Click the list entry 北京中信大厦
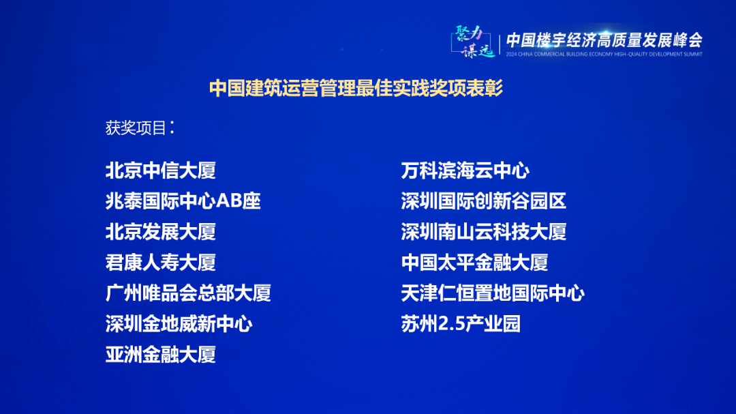(160, 171)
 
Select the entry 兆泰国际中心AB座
(183, 201)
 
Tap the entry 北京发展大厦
(160, 232)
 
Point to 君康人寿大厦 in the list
(160, 263)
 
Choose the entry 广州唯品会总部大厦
(188, 293)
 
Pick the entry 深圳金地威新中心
(179, 324)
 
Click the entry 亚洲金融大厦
(160, 355)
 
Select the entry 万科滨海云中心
(465, 171)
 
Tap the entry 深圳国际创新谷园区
(484, 201)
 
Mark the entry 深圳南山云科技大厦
(484, 232)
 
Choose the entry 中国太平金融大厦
(474, 263)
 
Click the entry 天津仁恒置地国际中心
(493, 293)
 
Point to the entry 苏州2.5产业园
(461, 324)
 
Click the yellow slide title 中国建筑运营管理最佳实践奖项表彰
(356, 89)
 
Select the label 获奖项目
(136, 128)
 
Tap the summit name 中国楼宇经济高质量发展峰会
(604, 40)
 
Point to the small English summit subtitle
(604, 54)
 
